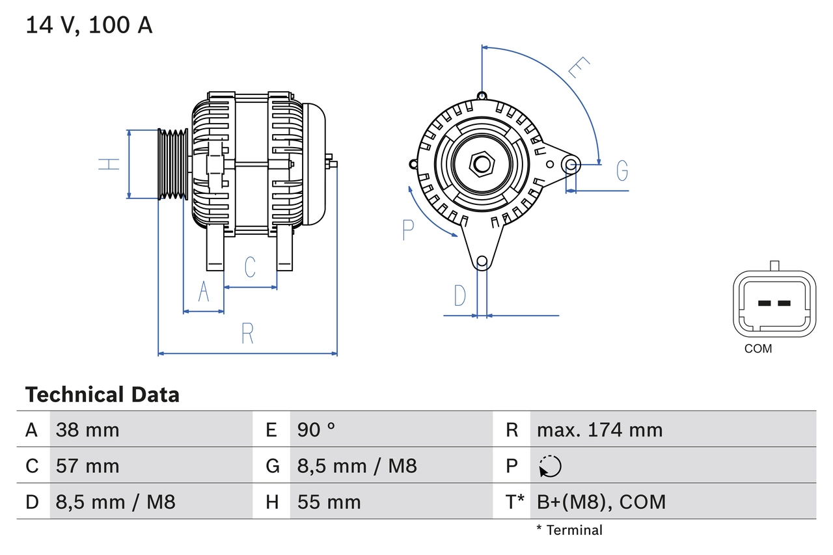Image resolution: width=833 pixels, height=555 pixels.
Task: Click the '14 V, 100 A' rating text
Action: (x=89, y=25)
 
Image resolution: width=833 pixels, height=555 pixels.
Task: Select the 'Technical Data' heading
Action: (x=102, y=395)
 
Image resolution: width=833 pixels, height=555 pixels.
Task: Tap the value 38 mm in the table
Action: (x=88, y=429)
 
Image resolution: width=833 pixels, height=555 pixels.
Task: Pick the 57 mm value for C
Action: (x=88, y=466)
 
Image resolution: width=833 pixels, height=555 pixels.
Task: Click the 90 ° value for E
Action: (x=316, y=429)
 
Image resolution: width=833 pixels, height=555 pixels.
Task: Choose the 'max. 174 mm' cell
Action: (x=599, y=429)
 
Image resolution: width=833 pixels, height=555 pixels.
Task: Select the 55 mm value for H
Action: (x=329, y=502)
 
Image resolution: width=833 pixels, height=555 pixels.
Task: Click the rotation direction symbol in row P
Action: (x=550, y=466)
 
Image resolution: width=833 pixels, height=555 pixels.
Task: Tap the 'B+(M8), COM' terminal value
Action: (x=601, y=502)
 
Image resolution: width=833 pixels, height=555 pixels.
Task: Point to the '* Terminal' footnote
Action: (x=569, y=530)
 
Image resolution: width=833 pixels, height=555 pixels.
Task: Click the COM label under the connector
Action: (x=758, y=349)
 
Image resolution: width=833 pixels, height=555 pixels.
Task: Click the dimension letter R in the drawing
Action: (x=247, y=333)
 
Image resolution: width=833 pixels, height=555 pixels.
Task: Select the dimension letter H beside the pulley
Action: (x=109, y=164)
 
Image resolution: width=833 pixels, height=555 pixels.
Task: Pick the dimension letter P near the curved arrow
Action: (x=408, y=230)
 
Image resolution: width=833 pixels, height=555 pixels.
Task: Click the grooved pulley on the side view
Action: (x=173, y=164)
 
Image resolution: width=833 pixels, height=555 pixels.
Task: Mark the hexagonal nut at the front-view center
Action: (x=482, y=164)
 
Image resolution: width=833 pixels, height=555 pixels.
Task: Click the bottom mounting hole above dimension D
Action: (x=482, y=262)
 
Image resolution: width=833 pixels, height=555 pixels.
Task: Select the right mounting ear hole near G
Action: (x=571, y=164)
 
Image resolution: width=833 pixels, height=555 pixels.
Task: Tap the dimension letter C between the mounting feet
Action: (x=250, y=267)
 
